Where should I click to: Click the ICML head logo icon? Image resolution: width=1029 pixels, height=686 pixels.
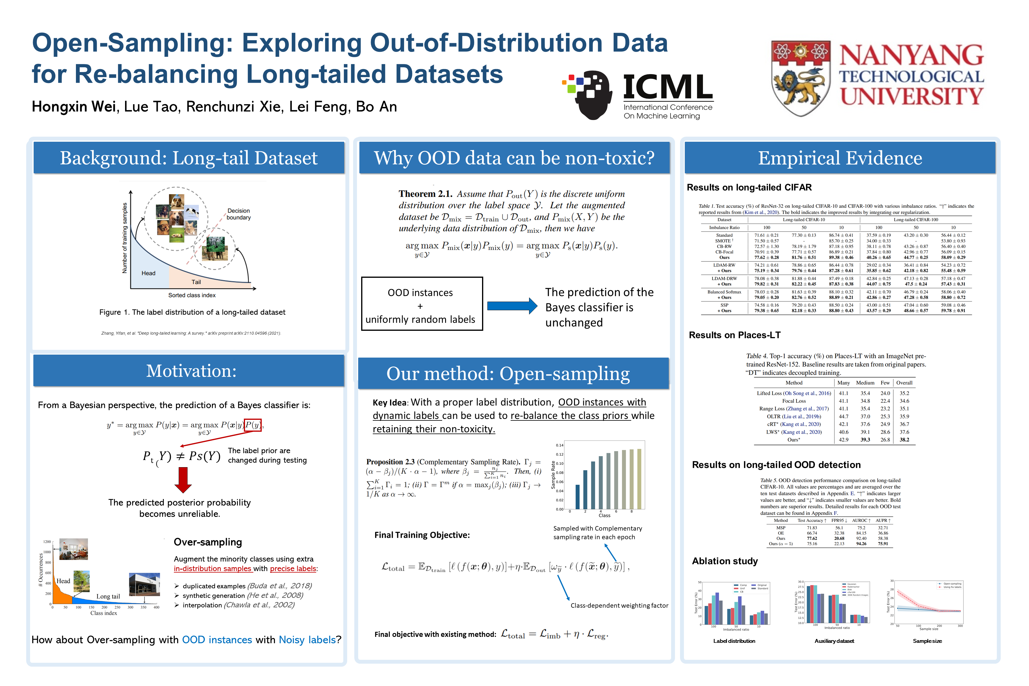588,94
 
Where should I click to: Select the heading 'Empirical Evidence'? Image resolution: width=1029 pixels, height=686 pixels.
840,158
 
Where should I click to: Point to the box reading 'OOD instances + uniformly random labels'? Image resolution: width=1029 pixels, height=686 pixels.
422,304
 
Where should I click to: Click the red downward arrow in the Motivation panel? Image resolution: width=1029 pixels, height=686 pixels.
183,479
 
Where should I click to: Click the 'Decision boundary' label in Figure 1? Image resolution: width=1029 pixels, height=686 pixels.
238,214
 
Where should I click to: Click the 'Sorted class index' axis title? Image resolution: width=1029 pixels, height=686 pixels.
192,295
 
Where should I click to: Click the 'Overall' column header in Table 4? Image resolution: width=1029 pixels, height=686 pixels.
904,383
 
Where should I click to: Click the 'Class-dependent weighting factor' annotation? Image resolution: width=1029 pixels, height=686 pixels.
619,606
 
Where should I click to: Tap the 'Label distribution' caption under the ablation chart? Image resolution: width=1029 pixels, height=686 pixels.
734,641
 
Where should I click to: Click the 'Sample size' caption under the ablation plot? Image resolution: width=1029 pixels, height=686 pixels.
927,641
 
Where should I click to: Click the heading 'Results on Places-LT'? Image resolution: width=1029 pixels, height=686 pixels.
735,335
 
